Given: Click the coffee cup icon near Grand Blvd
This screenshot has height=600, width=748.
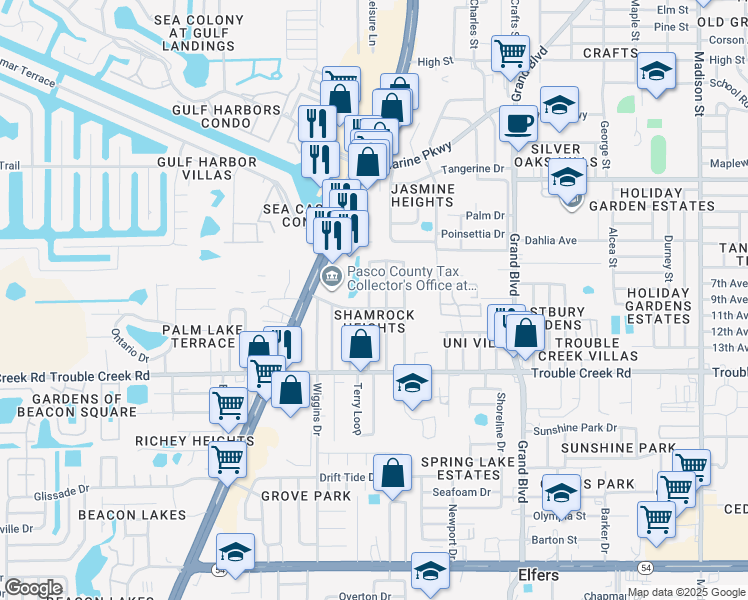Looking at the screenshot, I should tap(518, 124).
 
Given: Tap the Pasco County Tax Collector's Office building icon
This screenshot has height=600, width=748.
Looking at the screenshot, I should tap(329, 274).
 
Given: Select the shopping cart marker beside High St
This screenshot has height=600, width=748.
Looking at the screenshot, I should tap(510, 52).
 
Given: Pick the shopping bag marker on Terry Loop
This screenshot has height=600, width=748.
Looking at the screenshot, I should tap(360, 345).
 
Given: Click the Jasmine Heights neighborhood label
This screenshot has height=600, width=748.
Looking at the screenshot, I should tap(423, 195).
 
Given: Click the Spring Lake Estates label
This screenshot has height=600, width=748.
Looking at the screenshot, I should tap(460, 468).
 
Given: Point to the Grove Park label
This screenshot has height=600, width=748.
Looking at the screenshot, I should tap(306, 496).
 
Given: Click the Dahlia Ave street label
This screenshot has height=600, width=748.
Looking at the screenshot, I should tap(552, 240).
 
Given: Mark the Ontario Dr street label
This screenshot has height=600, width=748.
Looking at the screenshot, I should tap(129, 345).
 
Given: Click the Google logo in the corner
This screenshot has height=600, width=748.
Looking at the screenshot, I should tap(32, 588).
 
